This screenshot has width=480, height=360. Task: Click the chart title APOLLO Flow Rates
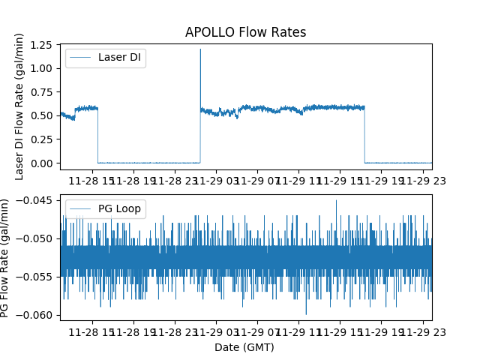tap(245, 32)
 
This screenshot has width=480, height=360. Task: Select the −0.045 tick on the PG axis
tap(37, 199)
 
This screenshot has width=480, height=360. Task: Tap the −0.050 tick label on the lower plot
tap(37, 238)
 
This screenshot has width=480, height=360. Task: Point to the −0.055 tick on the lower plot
tap(37, 276)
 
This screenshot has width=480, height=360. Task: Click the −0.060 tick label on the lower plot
tap(37, 314)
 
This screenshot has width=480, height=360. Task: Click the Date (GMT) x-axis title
tap(244, 347)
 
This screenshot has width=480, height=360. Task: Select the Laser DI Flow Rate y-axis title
tap(19, 106)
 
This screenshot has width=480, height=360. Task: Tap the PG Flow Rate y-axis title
tap(6, 257)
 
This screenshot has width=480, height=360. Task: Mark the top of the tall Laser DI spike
tap(200, 49)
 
